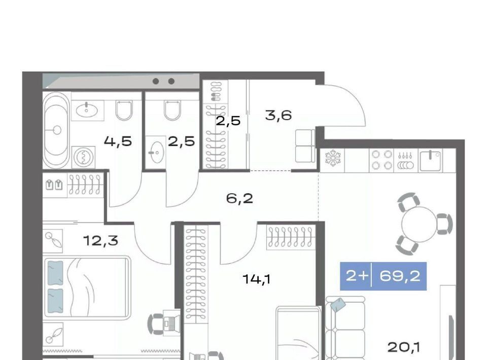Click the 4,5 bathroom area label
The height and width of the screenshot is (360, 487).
point(118,141)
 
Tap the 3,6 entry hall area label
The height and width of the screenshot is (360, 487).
point(279,116)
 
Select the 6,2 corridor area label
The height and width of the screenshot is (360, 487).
point(240,198)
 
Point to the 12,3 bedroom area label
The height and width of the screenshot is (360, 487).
point(101,240)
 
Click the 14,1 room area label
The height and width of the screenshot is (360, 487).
point(257,279)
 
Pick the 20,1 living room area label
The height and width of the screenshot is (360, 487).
point(404,347)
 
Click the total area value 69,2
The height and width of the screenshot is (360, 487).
point(400,276)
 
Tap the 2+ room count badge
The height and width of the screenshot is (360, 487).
point(357,276)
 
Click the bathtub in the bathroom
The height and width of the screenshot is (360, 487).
point(56,131)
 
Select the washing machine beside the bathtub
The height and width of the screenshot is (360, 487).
point(83,158)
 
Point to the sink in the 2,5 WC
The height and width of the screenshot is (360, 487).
point(156,152)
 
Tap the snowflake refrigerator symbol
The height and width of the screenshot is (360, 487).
point(333,158)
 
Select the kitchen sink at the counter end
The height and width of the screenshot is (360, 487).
point(431,160)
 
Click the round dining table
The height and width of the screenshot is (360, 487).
point(420,224)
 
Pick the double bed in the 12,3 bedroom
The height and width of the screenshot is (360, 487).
point(86,288)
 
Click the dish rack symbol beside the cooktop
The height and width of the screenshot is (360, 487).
point(406,160)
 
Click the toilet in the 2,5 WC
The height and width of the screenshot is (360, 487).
point(172,110)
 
